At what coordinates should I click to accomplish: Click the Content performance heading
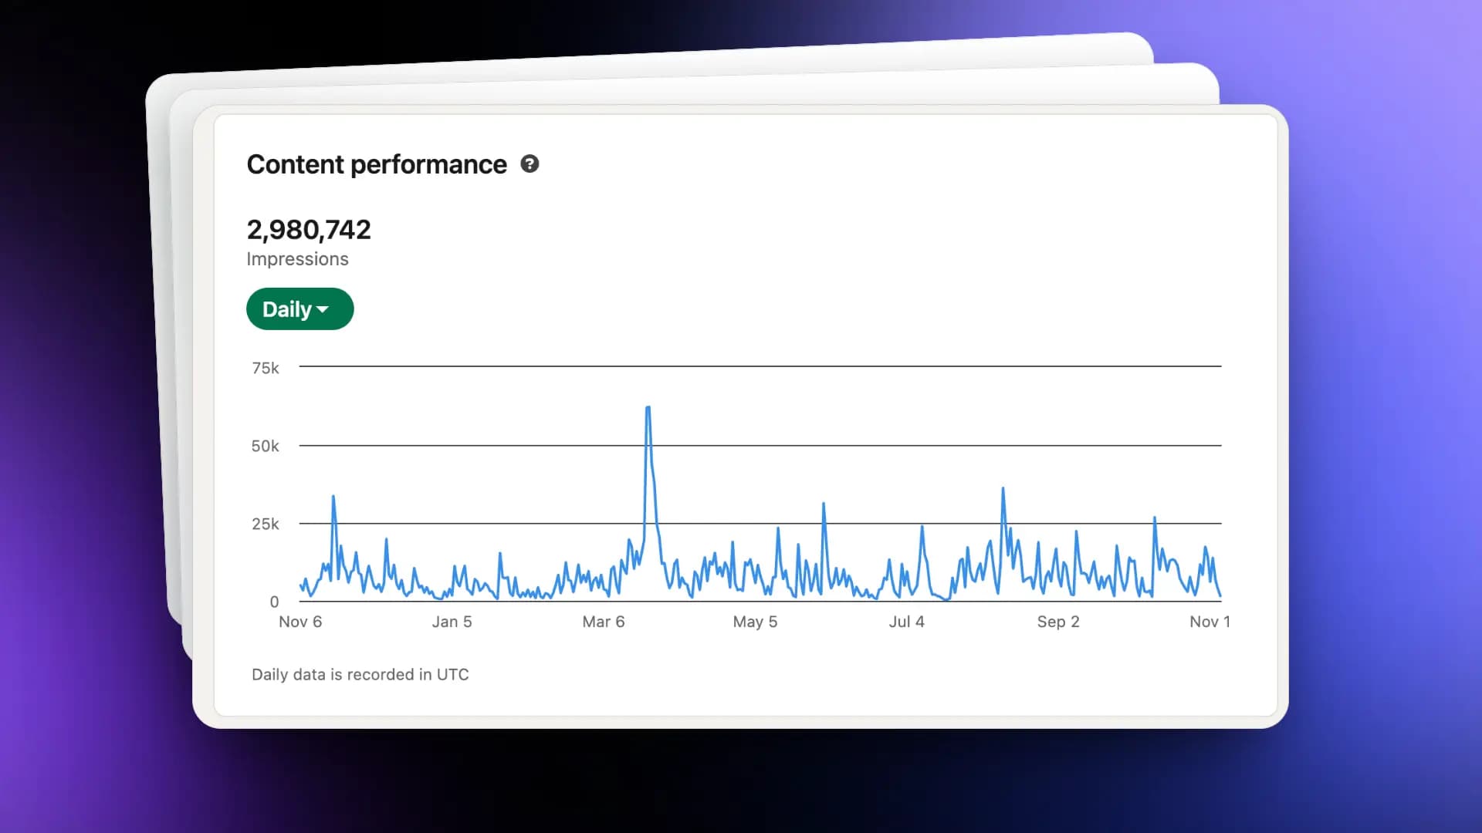click(x=377, y=165)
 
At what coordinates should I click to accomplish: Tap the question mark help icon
click(x=530, y=164)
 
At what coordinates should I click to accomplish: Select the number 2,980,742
click(x=309, y=230)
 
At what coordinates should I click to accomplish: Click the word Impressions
click(x=297, y=259)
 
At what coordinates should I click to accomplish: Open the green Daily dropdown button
click(x=299, y=309)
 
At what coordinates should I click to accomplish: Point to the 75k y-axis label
click(x=266, y=368)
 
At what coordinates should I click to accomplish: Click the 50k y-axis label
click(x=266, y=446)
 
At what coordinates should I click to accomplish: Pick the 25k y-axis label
click(x=266, y=524)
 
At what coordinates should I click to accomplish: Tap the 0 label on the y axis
click(x=274, y=602)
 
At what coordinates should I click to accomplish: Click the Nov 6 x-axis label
click(x=300, y=622)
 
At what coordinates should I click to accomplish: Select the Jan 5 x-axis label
click(x=452, y=622)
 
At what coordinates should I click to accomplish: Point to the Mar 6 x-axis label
click(x=604, y=622)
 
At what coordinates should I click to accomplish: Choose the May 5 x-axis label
click(x=755, y=622)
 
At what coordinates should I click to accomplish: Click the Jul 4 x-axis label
click(x=906, y=622)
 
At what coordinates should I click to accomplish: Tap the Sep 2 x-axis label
click(x=1058, y=622)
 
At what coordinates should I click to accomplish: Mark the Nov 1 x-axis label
click(x=1210, y=622)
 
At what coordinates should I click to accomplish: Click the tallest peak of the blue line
click(x=648, y=407)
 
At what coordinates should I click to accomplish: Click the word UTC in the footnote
click(x=452, y=675)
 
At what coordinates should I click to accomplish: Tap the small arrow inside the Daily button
click(x=323, y=310)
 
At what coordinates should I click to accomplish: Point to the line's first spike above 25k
click(x=333, y=497)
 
